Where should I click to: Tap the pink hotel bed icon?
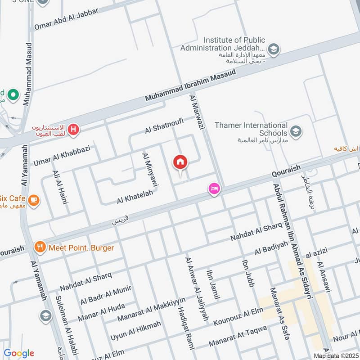tap(214, 189)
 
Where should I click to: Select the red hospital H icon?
tap(74, 130)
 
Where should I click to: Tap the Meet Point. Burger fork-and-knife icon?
tap(40, 247)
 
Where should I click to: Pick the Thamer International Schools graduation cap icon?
tap(296, 131)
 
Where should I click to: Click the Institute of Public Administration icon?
tap(273, 49)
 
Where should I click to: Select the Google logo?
tap(18, 353)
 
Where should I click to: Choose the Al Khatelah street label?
tap(135, 196)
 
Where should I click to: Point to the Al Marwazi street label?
tap(197, 112)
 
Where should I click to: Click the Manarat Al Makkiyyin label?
tap(151, 310)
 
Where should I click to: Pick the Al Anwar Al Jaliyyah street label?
tap(197, 288)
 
